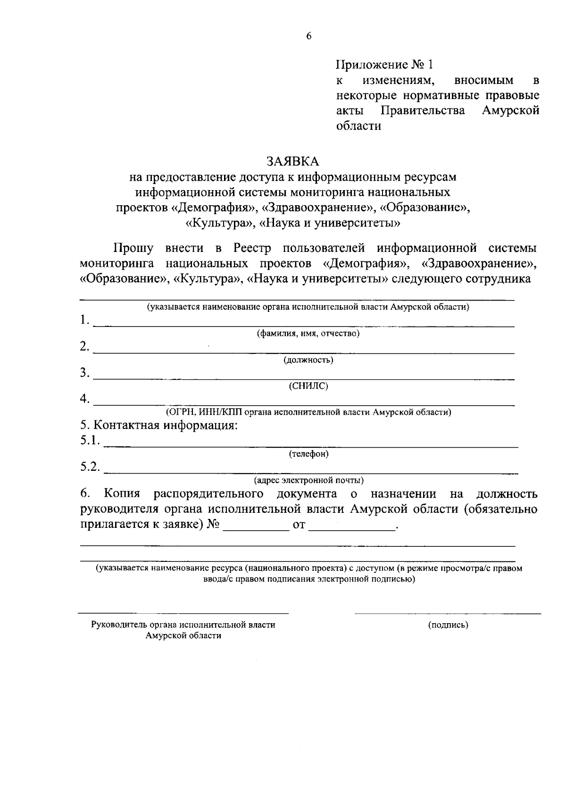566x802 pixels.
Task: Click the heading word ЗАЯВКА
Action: point(292,161)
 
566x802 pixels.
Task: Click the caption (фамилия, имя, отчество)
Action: point(308,334)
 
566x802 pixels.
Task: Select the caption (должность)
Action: point(308,360)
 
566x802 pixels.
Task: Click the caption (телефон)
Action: point(308,454)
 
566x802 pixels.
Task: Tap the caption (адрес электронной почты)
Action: point(308,481)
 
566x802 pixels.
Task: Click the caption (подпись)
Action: point(448,626)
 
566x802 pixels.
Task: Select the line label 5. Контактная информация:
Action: point(158,426)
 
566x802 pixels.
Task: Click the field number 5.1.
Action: point(90,441)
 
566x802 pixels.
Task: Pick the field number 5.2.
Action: point(90,467)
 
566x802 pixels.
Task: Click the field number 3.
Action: point(84,373)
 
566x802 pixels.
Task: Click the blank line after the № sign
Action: point(255,529)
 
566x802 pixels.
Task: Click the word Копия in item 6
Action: point(122,494)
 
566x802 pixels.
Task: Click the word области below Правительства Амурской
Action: point(358,126)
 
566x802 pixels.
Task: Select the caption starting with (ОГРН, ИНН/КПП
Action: point(308,412)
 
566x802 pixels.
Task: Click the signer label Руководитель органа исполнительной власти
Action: point(183,625)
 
